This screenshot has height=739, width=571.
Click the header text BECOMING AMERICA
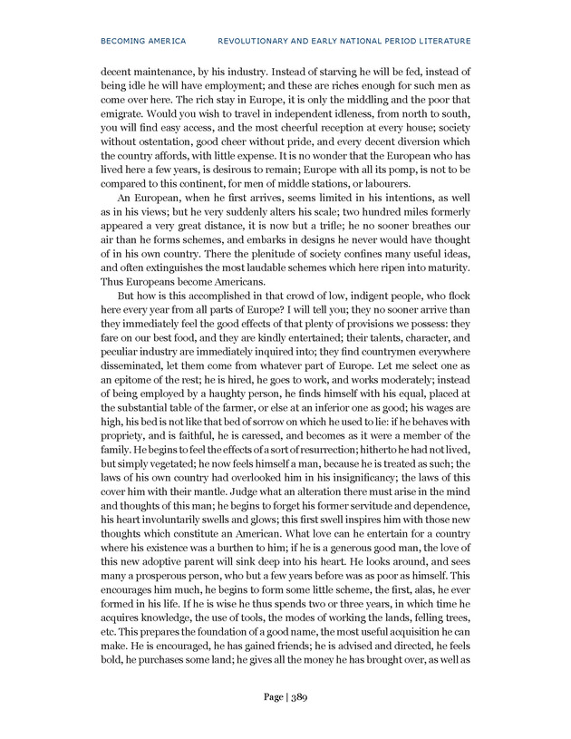click(x=144, y=41)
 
